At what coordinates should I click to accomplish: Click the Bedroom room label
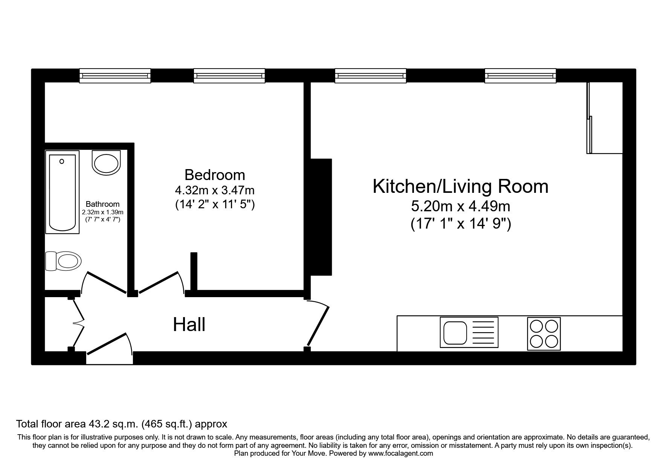point(215,175)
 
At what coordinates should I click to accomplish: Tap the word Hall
point(189,325)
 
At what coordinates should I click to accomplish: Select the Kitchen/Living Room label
point(460,187)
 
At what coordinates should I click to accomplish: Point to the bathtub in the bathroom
point(63,192)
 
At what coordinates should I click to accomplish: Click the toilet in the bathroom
point(64,261)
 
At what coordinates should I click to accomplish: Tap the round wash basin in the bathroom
point(107,163)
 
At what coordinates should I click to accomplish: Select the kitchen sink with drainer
point(469,332)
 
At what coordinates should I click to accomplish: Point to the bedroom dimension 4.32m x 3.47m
point(215,190)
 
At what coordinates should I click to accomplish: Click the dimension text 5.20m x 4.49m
point(460,206)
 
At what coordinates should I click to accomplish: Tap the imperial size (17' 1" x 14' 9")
point(460,224)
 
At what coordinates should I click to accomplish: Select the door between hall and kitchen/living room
point(318,326)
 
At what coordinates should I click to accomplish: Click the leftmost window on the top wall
point(115,76)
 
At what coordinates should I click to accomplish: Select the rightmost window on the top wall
point(520,76)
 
